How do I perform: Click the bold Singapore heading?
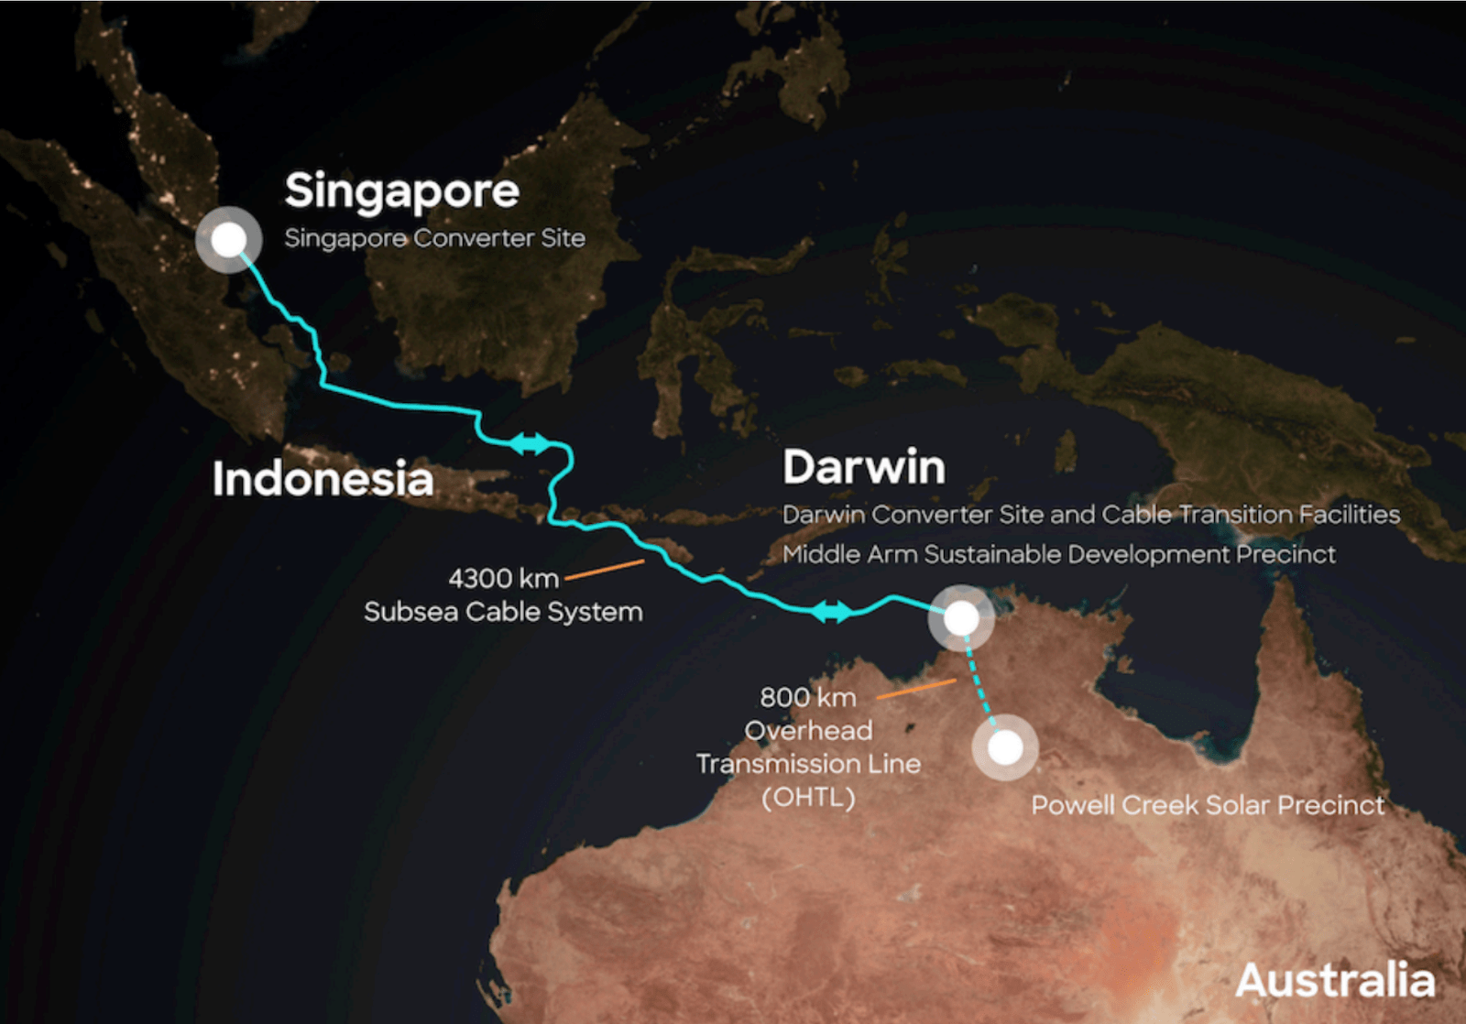pos(401,191)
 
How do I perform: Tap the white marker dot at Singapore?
pos(228,240)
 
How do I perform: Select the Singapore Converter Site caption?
pos(434,238)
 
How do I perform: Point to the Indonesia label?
pos(323,478)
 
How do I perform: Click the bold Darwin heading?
pos(863,466)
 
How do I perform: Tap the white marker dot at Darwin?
pos(961,618)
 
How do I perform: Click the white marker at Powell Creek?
pos(1005,747)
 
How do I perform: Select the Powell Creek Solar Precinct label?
pos(1208,805)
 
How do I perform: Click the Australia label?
pos(1335,980)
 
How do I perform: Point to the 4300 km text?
pos(503,579)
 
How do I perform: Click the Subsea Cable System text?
pos(503,612)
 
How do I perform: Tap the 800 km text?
pos(807,698)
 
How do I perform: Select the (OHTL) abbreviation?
pos(808,797)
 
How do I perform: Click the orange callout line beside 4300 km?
pos(605,570)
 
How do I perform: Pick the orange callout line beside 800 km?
pos(916,689)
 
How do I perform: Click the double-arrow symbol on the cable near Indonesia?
pos(530,444)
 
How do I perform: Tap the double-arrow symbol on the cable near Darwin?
pos(832,611)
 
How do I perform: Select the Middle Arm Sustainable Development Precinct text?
pos(1058,554)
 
